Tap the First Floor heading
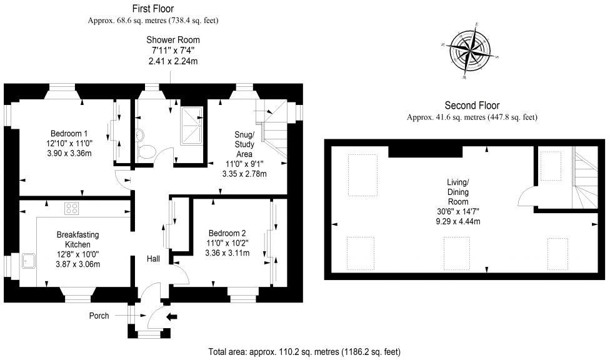[x=153, y=8]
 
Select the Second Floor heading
[x=472, y=106]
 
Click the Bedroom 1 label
[x=69, y=133]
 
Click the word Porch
[x=98, y=316]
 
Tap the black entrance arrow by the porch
[x=172, y=317]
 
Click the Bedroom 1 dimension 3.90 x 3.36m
[x=69, y=153]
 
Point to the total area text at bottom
[x=304, y=352]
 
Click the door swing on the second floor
[x=527, y=196]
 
